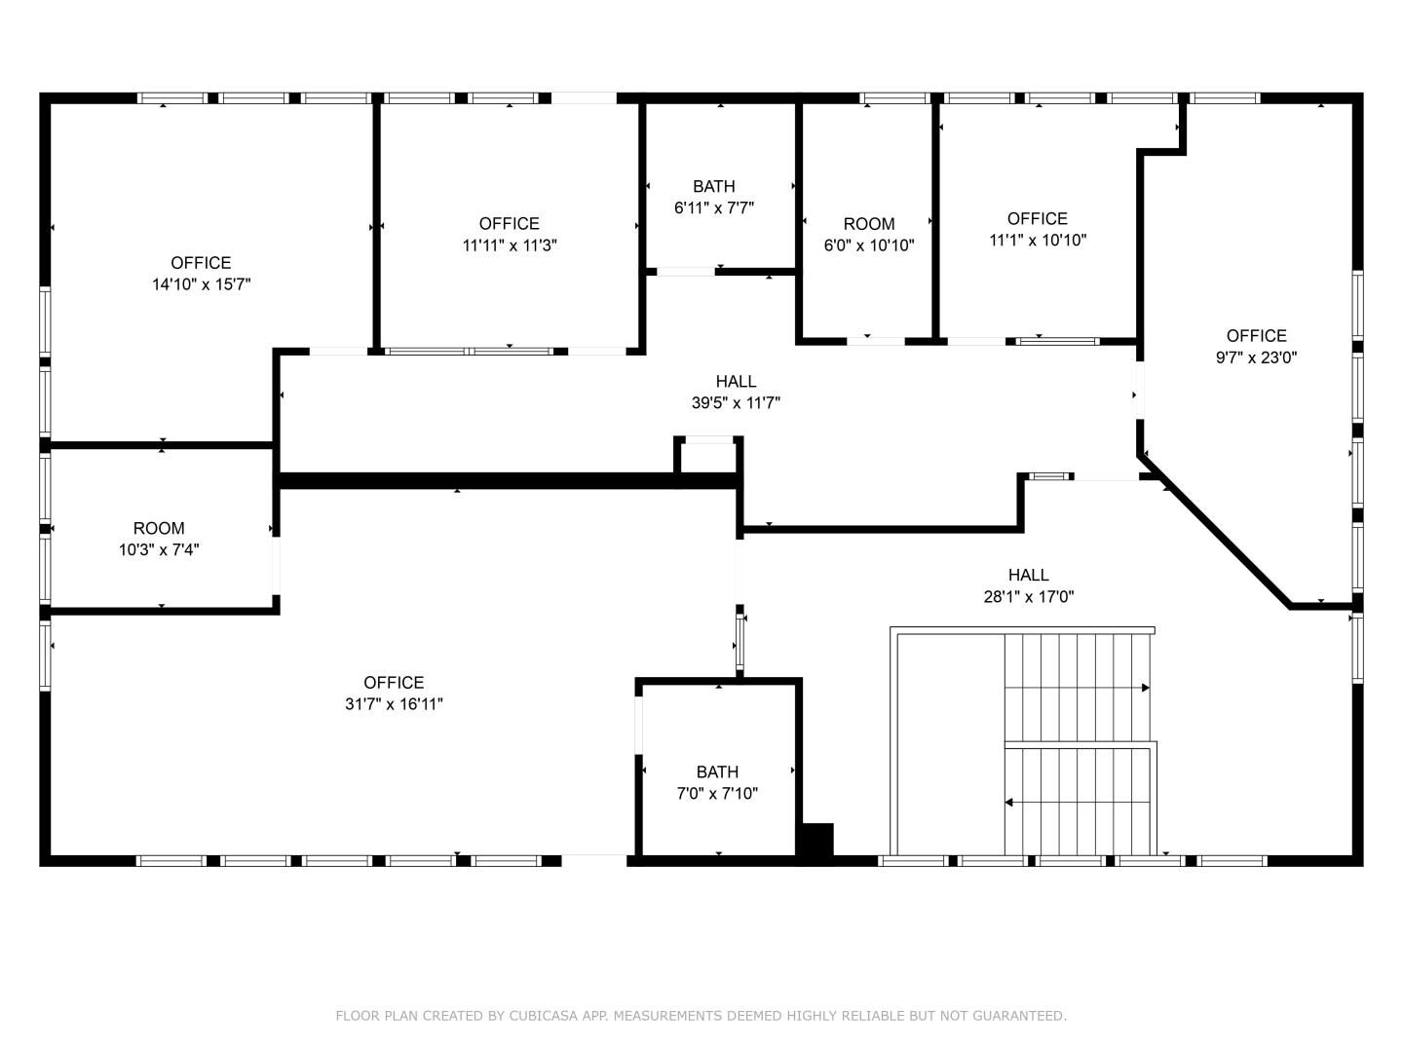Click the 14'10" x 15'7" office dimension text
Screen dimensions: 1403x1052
click(x=202, y=284)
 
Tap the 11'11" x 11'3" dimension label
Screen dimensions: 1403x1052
click(x=510, y=245)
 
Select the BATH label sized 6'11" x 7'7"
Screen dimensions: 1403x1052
click(x=714, y=186)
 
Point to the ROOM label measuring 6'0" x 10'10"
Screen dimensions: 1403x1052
click(x=869, y=224)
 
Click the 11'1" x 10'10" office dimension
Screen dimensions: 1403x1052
click(x=1038, y=241)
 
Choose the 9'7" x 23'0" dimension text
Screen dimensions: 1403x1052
click(x=1256, y=357)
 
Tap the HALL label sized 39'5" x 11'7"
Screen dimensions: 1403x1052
click(x=736, y=381)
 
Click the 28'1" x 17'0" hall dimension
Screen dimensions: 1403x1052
click(x=1029, y=596)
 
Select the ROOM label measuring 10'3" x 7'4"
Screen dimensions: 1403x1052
click(x=159, y=528)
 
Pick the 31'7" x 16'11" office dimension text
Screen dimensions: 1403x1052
click(x=394, y=704)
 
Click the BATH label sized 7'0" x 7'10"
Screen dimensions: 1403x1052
click(x=717, y=772)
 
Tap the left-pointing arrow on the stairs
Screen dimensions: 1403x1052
click(x=1077, y=803)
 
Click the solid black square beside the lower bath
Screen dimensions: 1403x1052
click(x=818, y=840)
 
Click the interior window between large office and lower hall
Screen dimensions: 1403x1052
click(x=739, y=642)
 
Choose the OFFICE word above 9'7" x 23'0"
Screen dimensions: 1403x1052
click(x=1256, y=336)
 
